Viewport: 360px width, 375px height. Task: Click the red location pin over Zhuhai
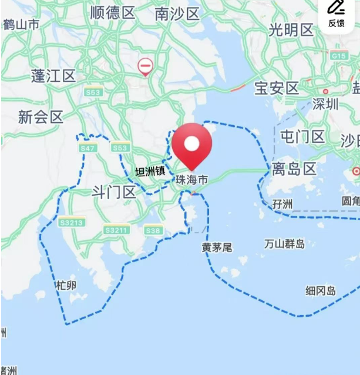pos(191,144)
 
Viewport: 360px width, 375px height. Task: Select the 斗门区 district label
pos(114,192)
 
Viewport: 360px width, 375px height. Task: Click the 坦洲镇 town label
pos(151,172)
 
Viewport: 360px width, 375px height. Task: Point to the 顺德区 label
pos(113,13)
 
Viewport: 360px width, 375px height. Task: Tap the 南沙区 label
pos(178,15)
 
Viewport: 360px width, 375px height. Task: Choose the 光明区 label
pos(291,30)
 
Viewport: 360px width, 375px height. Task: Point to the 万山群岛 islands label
pos(284,243)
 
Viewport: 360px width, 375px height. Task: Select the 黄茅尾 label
pos(217,247)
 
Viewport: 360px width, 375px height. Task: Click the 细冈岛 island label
pos(321,290)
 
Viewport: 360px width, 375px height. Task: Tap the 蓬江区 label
pos(53,75)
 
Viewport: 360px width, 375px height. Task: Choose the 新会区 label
pos(40,116)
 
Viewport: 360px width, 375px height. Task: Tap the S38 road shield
pos(153,230)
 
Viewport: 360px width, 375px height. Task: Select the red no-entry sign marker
pos(145,65)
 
